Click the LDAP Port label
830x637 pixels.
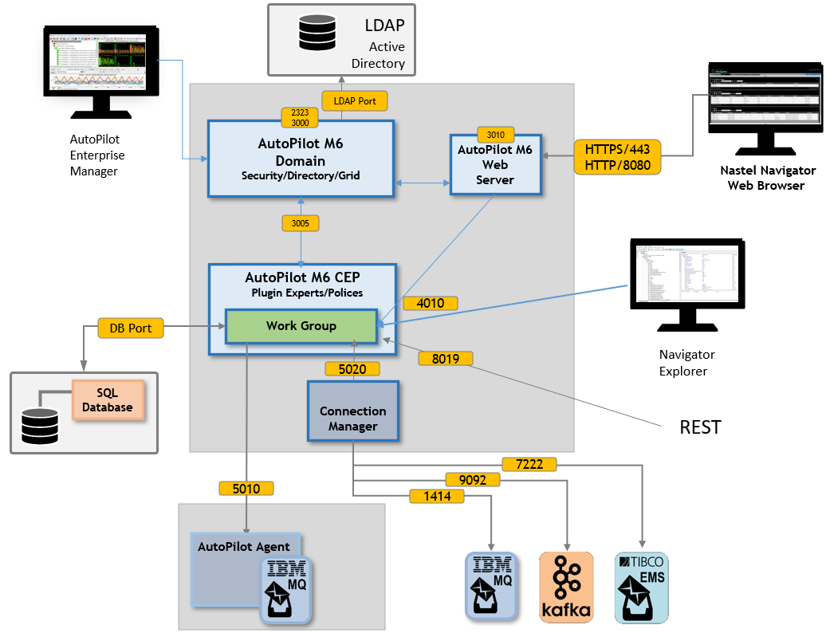click(x=355, y=101)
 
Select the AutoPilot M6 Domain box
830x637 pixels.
click(x=301, y=159)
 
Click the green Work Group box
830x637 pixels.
click(x=301, y=326)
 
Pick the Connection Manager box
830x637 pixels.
click(x=352, y=411)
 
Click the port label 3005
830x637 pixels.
click(x=301, y=223)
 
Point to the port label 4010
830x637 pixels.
click(x=431, y=303)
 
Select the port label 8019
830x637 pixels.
click(x=446, y=358)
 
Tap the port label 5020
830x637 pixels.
click(x=352, y=369)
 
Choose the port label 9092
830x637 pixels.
click(x=473, y=480)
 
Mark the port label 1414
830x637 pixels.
click(x=437, y=496)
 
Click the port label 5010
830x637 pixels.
click(x=246, y=488)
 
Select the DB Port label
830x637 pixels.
click(x=131, y=328)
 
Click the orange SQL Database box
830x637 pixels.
click(x=108, y=400)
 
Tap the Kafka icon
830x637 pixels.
click(x=566, y=587)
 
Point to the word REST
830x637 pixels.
click(x=700, y=427)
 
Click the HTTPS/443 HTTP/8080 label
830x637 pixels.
click(x=617, y=157)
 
